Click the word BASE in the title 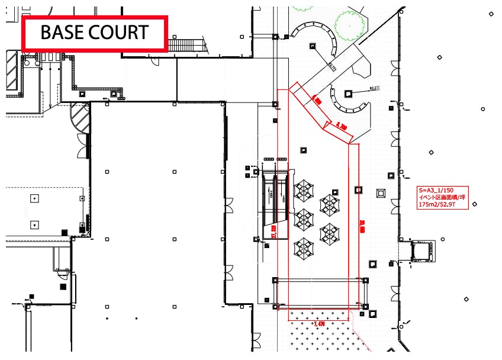[62, 32]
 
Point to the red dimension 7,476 [318, 324]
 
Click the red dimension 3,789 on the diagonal [341, 126]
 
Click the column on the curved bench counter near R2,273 [348, 92]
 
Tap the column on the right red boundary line [358, 190]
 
